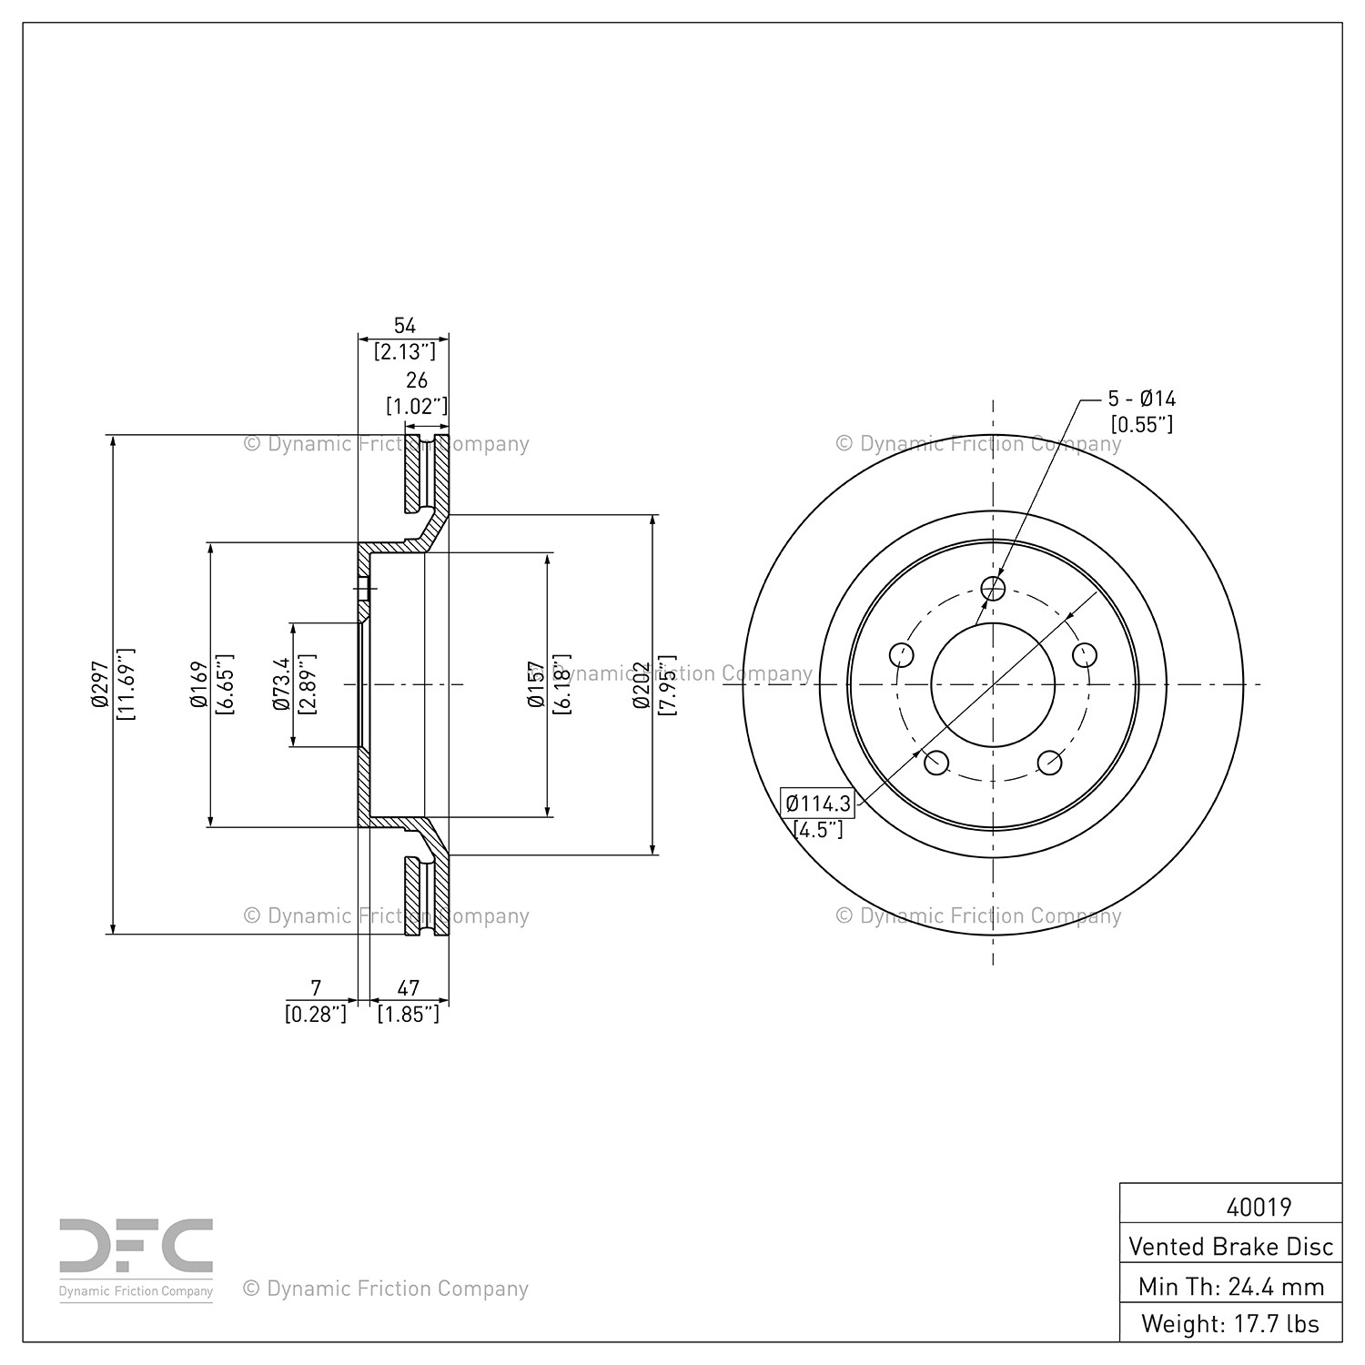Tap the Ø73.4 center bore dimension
click(x=280, y=684)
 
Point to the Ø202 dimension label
click(x=643, y=684)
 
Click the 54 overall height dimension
click(x=404, y=326)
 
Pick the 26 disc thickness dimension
click(x=416, y=379)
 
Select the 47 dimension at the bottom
click(x=409, y=987)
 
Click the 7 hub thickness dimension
click(x=316, y=987)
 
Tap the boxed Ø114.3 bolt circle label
click(x=818, y=804)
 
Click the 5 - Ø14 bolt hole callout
click(x=1141, y=399)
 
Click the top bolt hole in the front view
click(x=993, y=589)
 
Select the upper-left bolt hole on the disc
click(x=901, y=654)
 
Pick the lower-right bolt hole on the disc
click(x=1049, y=763)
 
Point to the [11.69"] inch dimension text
click(x=126, y=684)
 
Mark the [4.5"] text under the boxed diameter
click(x=818, y=830)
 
